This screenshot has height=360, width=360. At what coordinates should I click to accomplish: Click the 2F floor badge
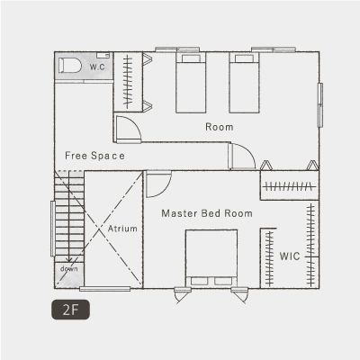(70, 310)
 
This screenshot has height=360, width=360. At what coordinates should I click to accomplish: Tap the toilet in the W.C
(70, 65)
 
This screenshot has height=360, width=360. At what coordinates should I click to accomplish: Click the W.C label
(97, 67)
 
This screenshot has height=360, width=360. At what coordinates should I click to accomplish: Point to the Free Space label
(94, 156)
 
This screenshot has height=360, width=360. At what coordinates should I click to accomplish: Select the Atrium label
(122, 229)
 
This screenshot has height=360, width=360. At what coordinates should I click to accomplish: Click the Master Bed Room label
(207, 213)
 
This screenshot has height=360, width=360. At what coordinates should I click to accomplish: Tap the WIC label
(290, 256)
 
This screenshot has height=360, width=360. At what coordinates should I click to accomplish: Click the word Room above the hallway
(220, 127)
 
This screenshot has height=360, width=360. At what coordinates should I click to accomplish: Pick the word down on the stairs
(69, 268)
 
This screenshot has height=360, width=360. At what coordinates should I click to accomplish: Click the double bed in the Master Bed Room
(211, 258)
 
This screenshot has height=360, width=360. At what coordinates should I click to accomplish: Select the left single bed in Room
(191, 83)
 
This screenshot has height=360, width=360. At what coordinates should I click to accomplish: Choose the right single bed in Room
(244, 83)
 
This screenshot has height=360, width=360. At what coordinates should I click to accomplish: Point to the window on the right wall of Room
(320, 105)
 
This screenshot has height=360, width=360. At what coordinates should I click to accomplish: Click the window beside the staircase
(52, 229)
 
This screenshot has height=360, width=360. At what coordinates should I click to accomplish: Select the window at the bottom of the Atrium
(105, 289)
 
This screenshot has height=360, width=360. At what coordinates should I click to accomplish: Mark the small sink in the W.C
(103, 55)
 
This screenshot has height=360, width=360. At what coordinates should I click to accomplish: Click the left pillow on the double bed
(200, 281)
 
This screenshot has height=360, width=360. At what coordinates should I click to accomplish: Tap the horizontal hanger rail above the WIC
(289, 187)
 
